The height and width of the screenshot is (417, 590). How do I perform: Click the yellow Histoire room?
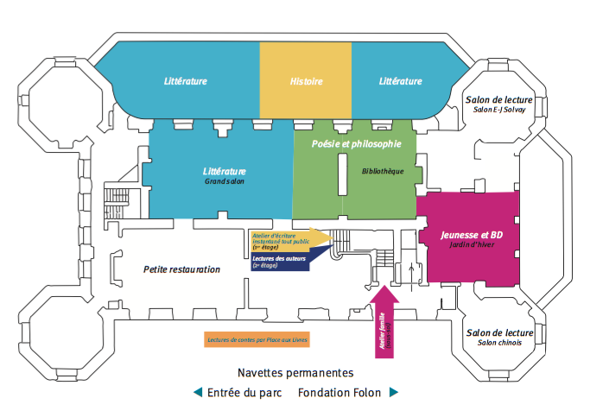click(306, 81)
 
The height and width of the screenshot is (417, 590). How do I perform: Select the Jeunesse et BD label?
click(472, 234)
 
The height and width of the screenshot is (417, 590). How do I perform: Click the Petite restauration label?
click(181, 269)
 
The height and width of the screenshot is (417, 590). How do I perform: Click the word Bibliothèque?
click(383, 171)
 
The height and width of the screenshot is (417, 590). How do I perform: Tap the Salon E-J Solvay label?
click(499, 110)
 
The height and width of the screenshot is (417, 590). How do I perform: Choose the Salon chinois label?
click(500, 344)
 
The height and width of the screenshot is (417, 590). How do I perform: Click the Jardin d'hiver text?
click(472, 244)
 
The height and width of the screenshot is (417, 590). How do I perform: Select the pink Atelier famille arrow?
click(384, 319)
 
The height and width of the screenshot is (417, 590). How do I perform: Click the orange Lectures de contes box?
click(257, 339)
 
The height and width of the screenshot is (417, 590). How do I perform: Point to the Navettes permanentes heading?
click(295, 373)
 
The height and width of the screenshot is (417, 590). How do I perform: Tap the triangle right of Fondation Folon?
click(395, 393)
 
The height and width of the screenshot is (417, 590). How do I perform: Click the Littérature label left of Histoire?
click(186, 81)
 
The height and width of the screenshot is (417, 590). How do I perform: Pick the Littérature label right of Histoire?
click(400, 81)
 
